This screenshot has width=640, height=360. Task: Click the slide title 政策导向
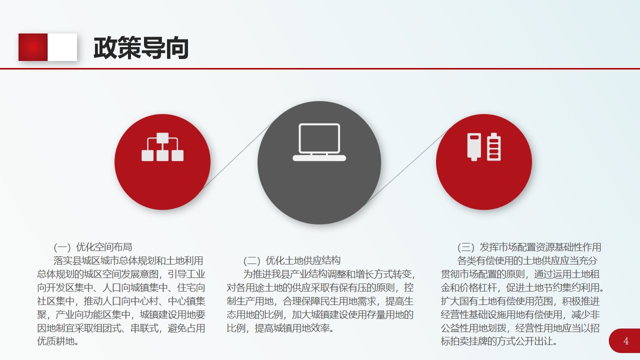pos(141,47)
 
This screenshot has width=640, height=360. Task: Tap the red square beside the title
pos(33,47)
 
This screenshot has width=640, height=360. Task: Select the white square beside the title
pos(62,47)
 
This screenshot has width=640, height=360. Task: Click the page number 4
pos(626,341)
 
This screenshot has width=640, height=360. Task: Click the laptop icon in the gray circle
pos(319,142)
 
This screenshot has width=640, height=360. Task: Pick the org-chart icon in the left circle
pos(162,147)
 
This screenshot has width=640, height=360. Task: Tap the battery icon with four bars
pos(493,146)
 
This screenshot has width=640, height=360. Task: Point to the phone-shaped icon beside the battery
pos(474,147)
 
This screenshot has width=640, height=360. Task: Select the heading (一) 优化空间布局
pos(93,247)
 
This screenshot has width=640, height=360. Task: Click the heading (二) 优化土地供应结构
pos(292,260)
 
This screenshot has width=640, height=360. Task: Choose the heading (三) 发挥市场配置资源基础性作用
pos(529,247)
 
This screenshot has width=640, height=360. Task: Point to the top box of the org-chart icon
pos(162,138)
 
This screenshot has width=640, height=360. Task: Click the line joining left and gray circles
pos(237,156)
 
